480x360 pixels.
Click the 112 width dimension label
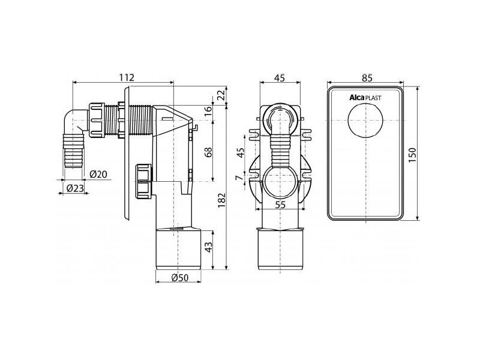click(x=127, y=77)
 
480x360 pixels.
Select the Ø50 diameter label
click(x=181, y=278)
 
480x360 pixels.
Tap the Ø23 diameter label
click(x=75, y=188)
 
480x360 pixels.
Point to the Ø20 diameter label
click(x=98, y=174)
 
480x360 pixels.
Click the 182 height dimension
click(x=221, y=200)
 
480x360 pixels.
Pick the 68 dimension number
click(x=208, y=152)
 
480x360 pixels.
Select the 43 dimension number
click(x=208, y=247)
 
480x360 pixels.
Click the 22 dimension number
click(x=221, y=95)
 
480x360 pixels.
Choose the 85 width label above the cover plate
click(x=367, y=78)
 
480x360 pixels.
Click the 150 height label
click(x=413, y=155)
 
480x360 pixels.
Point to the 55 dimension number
click(x=280, y=205)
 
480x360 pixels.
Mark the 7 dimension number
click(x=241, y=178)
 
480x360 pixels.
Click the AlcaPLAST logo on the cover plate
click(x=365, y=98)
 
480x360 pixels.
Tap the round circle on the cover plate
click(x=366, y=119)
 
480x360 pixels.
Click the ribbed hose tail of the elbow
click(x=73, y=149)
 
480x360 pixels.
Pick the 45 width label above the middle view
click(x=279, y=78)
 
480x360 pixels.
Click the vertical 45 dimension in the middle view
click(x=241, y=152)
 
